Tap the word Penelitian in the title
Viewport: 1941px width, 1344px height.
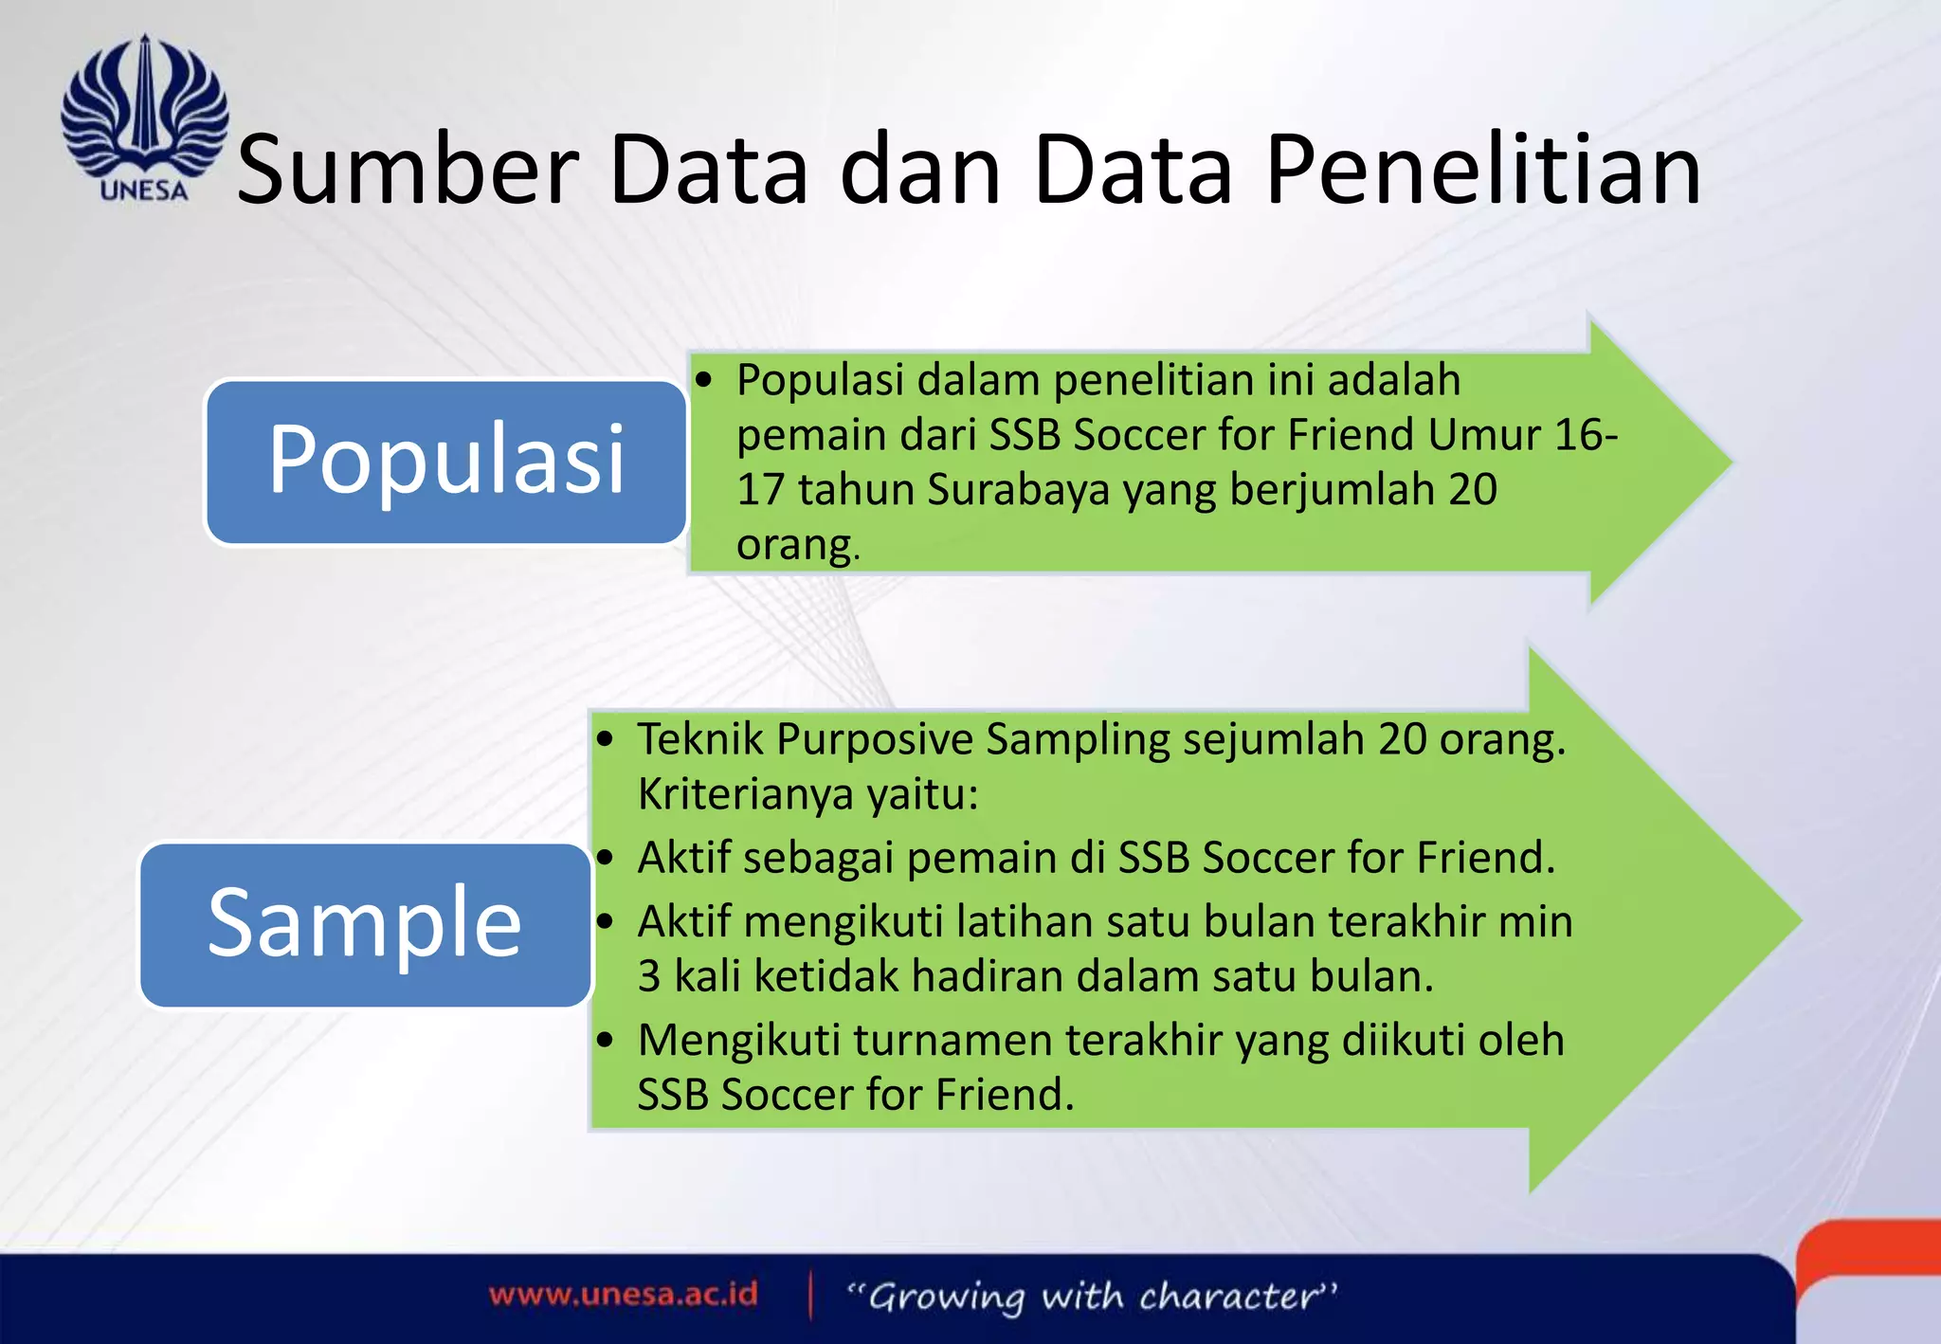point(1483,171)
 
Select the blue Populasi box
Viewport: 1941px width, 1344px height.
point(445,462)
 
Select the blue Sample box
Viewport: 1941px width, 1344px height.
point(365,924)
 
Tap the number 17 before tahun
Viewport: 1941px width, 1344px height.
point(760,490)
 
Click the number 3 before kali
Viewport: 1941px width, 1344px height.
point(649,976)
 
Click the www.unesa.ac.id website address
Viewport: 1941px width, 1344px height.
point(624,1295)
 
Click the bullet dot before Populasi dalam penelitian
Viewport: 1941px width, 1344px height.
point(703,381)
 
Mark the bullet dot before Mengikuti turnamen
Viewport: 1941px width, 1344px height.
point(607,1041)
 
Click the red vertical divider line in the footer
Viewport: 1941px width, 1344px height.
point(810,1296)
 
